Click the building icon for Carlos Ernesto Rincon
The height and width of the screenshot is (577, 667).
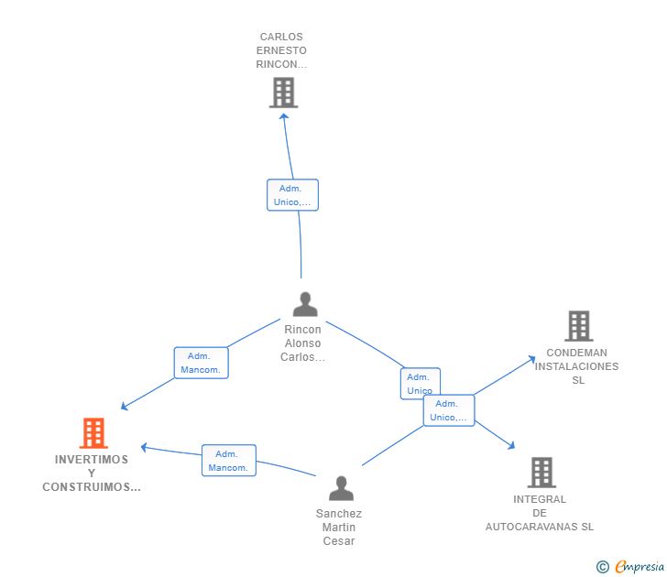click(x=283, y=93)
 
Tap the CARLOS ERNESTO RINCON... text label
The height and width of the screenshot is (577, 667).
click(x=282, y=51)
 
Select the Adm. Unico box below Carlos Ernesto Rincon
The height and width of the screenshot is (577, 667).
click(x=292, y=195)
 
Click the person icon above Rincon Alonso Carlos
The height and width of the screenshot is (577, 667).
click(x=304, y=304)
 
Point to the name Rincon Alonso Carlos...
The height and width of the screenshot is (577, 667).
click(x=302, y=343)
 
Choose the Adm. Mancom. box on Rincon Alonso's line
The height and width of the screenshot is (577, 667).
click(x=201, y=363)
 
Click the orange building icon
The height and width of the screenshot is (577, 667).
click(x=93, y=432)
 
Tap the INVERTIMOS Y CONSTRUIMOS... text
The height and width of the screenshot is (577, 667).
click(x=92, y=474)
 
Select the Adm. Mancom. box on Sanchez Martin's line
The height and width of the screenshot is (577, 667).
click(x=228, y=461)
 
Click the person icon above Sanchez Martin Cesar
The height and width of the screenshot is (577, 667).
click(x=341, y=488)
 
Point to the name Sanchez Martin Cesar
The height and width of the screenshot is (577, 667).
click(x=339, y=527)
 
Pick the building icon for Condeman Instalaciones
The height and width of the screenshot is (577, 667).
click(x=578, y=325)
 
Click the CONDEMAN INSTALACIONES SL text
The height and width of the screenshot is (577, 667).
click(x=577, y=366)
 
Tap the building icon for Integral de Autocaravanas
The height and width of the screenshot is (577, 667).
click(x=541, y=472)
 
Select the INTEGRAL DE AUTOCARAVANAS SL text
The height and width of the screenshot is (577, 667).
click(x=540, y=513)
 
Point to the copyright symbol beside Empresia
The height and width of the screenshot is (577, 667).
click(x=603, y=568)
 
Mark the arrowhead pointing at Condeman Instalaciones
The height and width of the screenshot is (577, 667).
click(x=532, y=359)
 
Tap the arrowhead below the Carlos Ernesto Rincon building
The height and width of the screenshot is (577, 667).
click(x=284, y=116)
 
